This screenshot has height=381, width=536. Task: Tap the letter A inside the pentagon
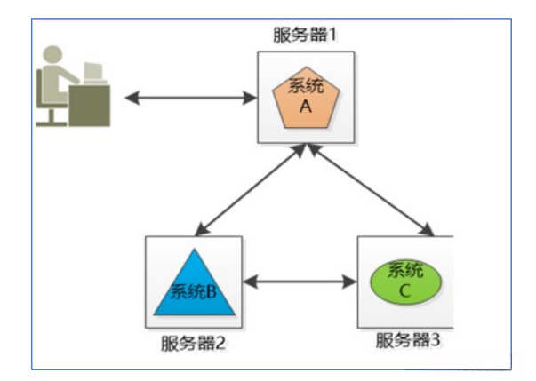pyautogui.click(x=305, y=106)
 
